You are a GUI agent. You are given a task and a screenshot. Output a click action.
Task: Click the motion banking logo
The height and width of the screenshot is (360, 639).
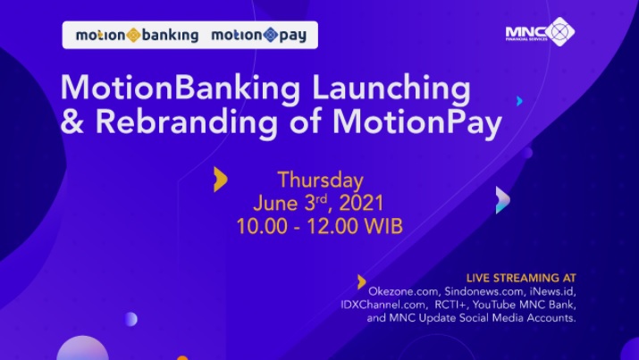[134, 36]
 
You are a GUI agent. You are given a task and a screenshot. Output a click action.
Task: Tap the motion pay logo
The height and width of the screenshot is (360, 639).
[260, 36]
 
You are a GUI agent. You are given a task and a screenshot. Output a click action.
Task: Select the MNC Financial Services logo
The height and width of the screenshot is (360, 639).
[540, 32]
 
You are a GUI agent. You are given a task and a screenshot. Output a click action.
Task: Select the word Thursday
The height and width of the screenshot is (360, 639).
[320, 179]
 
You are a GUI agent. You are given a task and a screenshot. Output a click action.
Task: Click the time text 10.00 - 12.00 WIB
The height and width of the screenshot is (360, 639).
[319, 226]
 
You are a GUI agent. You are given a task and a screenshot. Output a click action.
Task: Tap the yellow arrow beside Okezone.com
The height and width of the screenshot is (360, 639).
[361, 281]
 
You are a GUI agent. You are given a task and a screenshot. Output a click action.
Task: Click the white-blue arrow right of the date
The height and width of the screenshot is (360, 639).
[503, 200]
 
